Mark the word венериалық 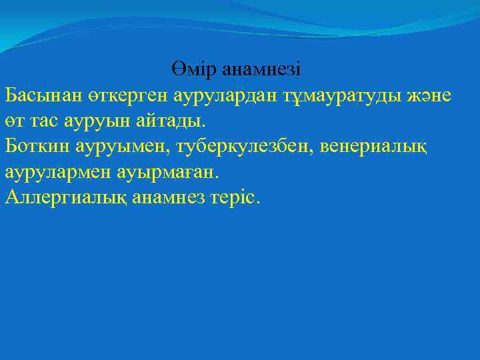(x=377, y=145)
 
